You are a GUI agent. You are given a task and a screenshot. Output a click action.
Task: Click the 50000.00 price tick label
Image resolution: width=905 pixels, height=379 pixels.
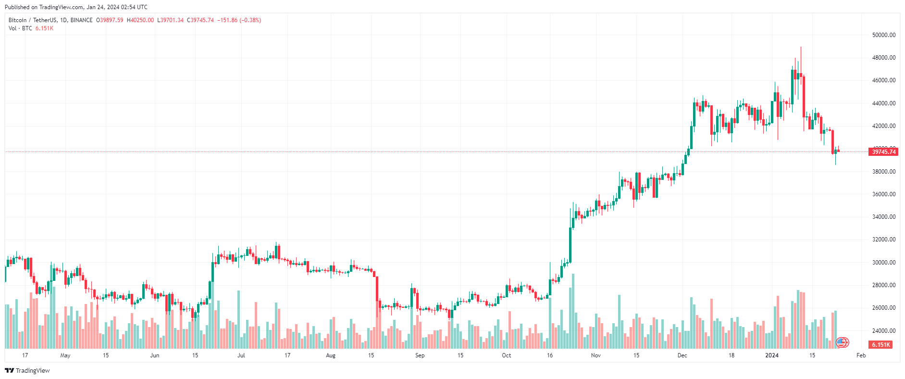883,35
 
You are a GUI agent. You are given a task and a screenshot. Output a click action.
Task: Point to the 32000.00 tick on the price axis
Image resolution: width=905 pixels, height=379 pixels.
883,240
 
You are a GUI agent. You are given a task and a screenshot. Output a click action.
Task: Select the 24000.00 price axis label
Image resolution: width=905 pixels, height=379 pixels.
883,331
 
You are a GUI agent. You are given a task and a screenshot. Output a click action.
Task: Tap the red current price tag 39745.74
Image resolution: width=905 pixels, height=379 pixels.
883,152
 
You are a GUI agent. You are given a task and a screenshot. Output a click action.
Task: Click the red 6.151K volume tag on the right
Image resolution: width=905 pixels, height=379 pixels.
880,345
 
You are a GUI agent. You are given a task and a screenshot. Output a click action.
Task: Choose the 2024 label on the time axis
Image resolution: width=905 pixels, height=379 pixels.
772,355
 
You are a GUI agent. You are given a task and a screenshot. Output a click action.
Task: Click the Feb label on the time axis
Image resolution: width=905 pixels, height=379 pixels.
861,355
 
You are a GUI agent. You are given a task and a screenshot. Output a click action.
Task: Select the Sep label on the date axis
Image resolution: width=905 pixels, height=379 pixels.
420,355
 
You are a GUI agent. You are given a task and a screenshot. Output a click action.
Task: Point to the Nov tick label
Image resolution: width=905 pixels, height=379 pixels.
595,355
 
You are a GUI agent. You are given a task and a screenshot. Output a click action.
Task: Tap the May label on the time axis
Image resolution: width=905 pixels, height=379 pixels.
65,355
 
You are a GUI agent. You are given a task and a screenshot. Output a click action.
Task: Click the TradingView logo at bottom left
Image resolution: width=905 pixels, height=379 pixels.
27,370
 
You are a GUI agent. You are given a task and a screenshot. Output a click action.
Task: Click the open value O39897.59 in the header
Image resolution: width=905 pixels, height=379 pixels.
110,20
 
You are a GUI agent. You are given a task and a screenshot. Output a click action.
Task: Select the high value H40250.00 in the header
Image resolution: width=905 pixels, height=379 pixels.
140,20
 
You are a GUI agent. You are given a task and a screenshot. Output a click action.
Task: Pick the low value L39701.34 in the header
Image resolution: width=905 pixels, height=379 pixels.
171,20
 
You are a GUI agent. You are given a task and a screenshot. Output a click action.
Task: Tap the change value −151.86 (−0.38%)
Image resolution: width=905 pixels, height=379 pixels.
239,20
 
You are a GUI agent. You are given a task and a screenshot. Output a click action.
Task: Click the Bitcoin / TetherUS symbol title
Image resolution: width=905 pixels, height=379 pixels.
33,20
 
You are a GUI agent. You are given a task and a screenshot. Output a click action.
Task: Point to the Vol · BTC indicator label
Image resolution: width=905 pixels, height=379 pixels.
20,28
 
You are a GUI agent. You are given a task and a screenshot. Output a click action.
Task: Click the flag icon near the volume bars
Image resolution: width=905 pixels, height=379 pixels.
842,342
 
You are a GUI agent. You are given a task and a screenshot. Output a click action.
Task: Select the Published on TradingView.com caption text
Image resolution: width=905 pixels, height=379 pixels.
76,7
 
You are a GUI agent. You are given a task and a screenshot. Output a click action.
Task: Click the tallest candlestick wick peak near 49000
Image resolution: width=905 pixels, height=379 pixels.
801,48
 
